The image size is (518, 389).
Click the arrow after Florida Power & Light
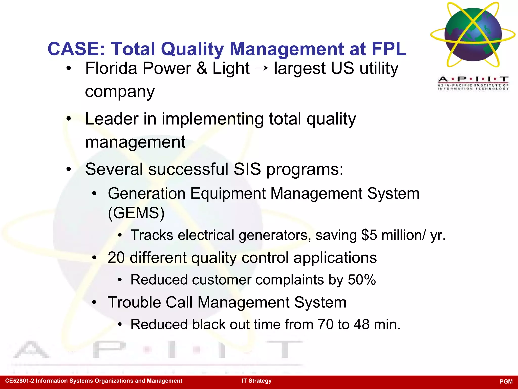pyautogui.click(x=262, y=68)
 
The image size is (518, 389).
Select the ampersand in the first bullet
pyautogui.click(x=202, y=68)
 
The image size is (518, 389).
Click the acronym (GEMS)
pyautogui.click(x=136, y=213)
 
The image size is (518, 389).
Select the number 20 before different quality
pyautogui.click(x=116, y=258)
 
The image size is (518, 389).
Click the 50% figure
pyautogui.click(x=362, y=280)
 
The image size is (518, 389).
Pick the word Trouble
pyautogui.click(x=134, y=302)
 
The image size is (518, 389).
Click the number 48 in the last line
pyautogui.click(x=361, y=324)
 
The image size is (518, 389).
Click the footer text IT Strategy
pyautogui.click(x=256, y=381)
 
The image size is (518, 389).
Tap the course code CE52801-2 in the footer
pyautogui.click(x=20, y=381)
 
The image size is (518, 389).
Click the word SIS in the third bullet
pyautogui.click(x=247, y=169)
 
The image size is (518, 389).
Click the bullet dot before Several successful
pyautogui.click(x=69, y=169)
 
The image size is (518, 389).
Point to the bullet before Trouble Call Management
pyautogui.click(x=94, y=302)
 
